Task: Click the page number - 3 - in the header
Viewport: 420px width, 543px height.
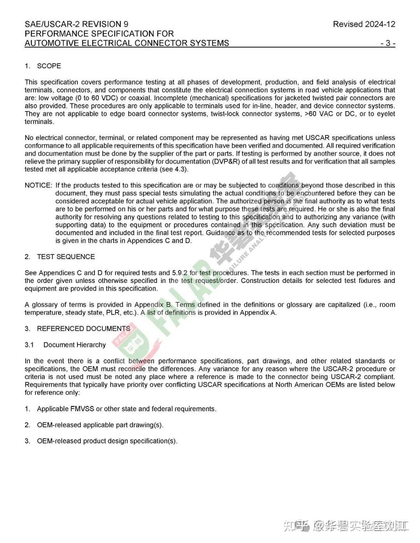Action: pyautogui.click(x=388, y=43)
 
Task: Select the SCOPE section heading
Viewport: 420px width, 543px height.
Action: pyautogui.click(x=49, y=66)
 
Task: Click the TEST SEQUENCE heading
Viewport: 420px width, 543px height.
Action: pyautogui.click(x=66, y=257)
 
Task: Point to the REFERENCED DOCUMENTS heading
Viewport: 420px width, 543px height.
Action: pyautogui.click(x=83, y=329)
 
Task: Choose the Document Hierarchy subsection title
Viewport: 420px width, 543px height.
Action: pyautogui.click(x=74, y=345)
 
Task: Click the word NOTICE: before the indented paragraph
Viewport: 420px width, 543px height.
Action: pyautogui.click(x=38, y=185)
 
